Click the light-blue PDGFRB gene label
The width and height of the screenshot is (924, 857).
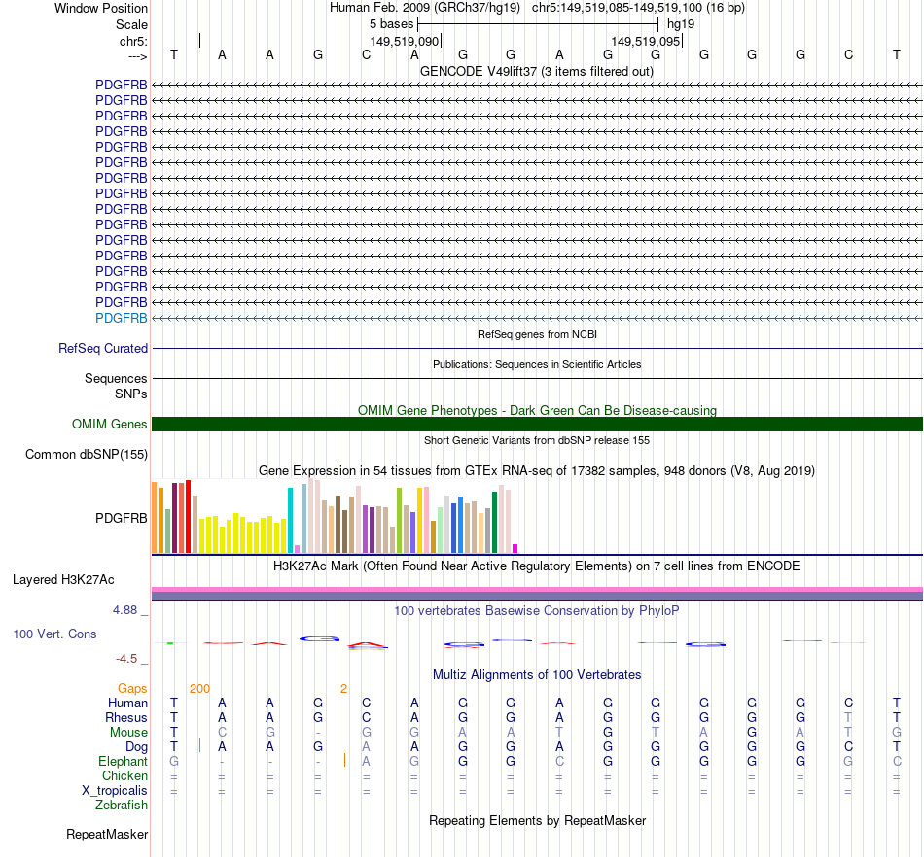pyautogui.click(x=122, y=318)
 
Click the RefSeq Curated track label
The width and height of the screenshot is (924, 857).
pyautogui.click(x=103, y=348)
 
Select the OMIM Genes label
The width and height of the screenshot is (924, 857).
pyautogui.click(x=110, y=424)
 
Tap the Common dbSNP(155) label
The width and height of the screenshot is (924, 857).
pyautogui.click(x=87, y=454)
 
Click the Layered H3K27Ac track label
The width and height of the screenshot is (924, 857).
pyautogui.click(x=63, y=580)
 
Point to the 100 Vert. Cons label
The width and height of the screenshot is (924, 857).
pyautogui.click(x=54, y=634)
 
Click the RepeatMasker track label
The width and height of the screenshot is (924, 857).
pyautogui.click(x=107, y=834)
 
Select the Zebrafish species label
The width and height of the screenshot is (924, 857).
pyautogui.click(x=122, y=805)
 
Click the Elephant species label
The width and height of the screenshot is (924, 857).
pyautogui.click(x=123, y=761)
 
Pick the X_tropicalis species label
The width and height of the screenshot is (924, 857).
pyautogui.click(x=115, y=790)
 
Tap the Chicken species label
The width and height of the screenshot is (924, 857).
pyautogui.click(x=124, y=775)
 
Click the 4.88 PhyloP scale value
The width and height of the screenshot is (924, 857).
pyautogui.click(x=126, y=610)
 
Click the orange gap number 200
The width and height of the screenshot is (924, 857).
pyautogui.click(x=199, y=688)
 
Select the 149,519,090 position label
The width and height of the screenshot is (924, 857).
pyautogui.click(x=405, y=42)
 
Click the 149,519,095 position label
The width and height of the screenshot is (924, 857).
pyautogui.click(x=646, y=42)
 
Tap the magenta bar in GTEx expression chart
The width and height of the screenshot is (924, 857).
pyautogui.click(x=515, y=547)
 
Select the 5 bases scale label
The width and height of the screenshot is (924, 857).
pyautogui.click(x=391, y=22)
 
